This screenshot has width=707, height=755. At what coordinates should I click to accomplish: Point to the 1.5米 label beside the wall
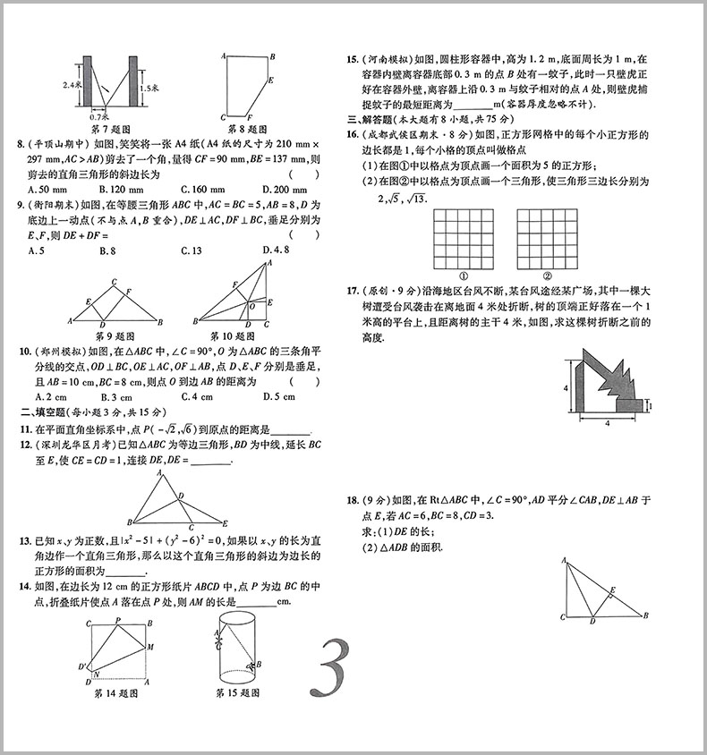149,89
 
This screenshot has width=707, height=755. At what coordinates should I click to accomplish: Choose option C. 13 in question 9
191,251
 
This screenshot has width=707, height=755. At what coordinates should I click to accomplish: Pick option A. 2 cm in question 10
47,396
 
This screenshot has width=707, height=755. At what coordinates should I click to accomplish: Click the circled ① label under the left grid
464,276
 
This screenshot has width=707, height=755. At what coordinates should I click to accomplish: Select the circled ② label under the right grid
546,276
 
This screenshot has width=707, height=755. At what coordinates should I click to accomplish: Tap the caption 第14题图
116,692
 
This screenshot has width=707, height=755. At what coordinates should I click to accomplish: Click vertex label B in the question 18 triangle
647,615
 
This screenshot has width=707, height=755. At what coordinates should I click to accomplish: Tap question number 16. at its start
353,134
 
